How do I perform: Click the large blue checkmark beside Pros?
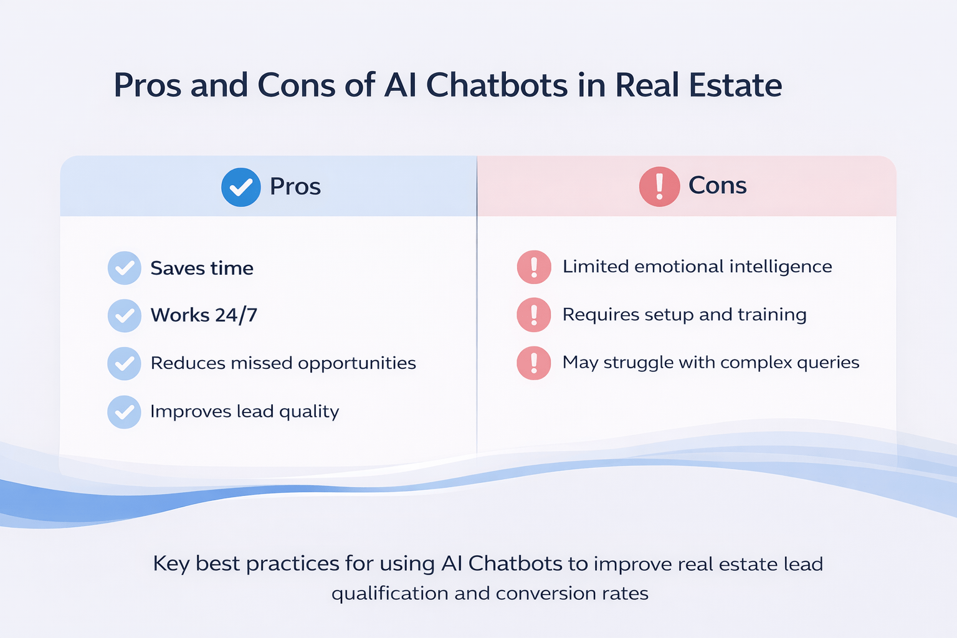click(240, 187)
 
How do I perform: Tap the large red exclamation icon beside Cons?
click(659, 186)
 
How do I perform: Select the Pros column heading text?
click(295, 186)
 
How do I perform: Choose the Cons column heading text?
click(717, 186)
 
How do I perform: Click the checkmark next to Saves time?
click(124, 268)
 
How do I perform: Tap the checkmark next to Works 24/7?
click(124, 315)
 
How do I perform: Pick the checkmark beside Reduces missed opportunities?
click(124, 363)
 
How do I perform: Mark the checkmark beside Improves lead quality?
click(124, 412)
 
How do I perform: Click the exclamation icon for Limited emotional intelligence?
click(534, 267)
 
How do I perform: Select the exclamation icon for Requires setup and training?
click(534, 315)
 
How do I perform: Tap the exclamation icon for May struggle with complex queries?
click(534, 363)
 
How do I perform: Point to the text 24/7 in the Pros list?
click(236, 315)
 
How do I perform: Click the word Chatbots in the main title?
click(497, 85)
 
